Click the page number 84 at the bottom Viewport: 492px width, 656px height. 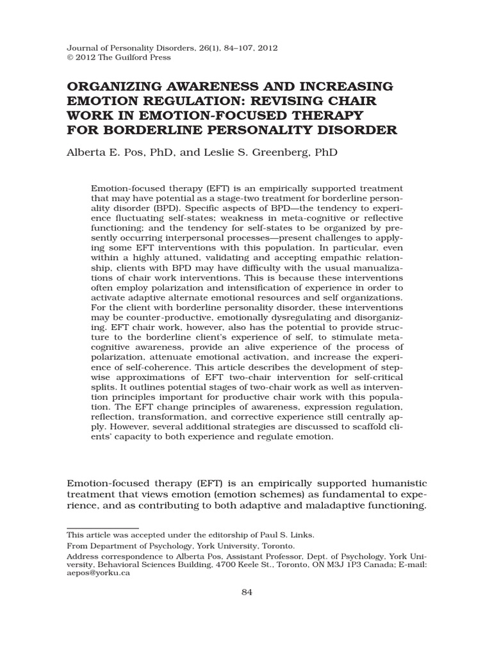point(247,592)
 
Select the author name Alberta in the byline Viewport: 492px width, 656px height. point(88,153)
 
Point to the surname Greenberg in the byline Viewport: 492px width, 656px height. point(284,153)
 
